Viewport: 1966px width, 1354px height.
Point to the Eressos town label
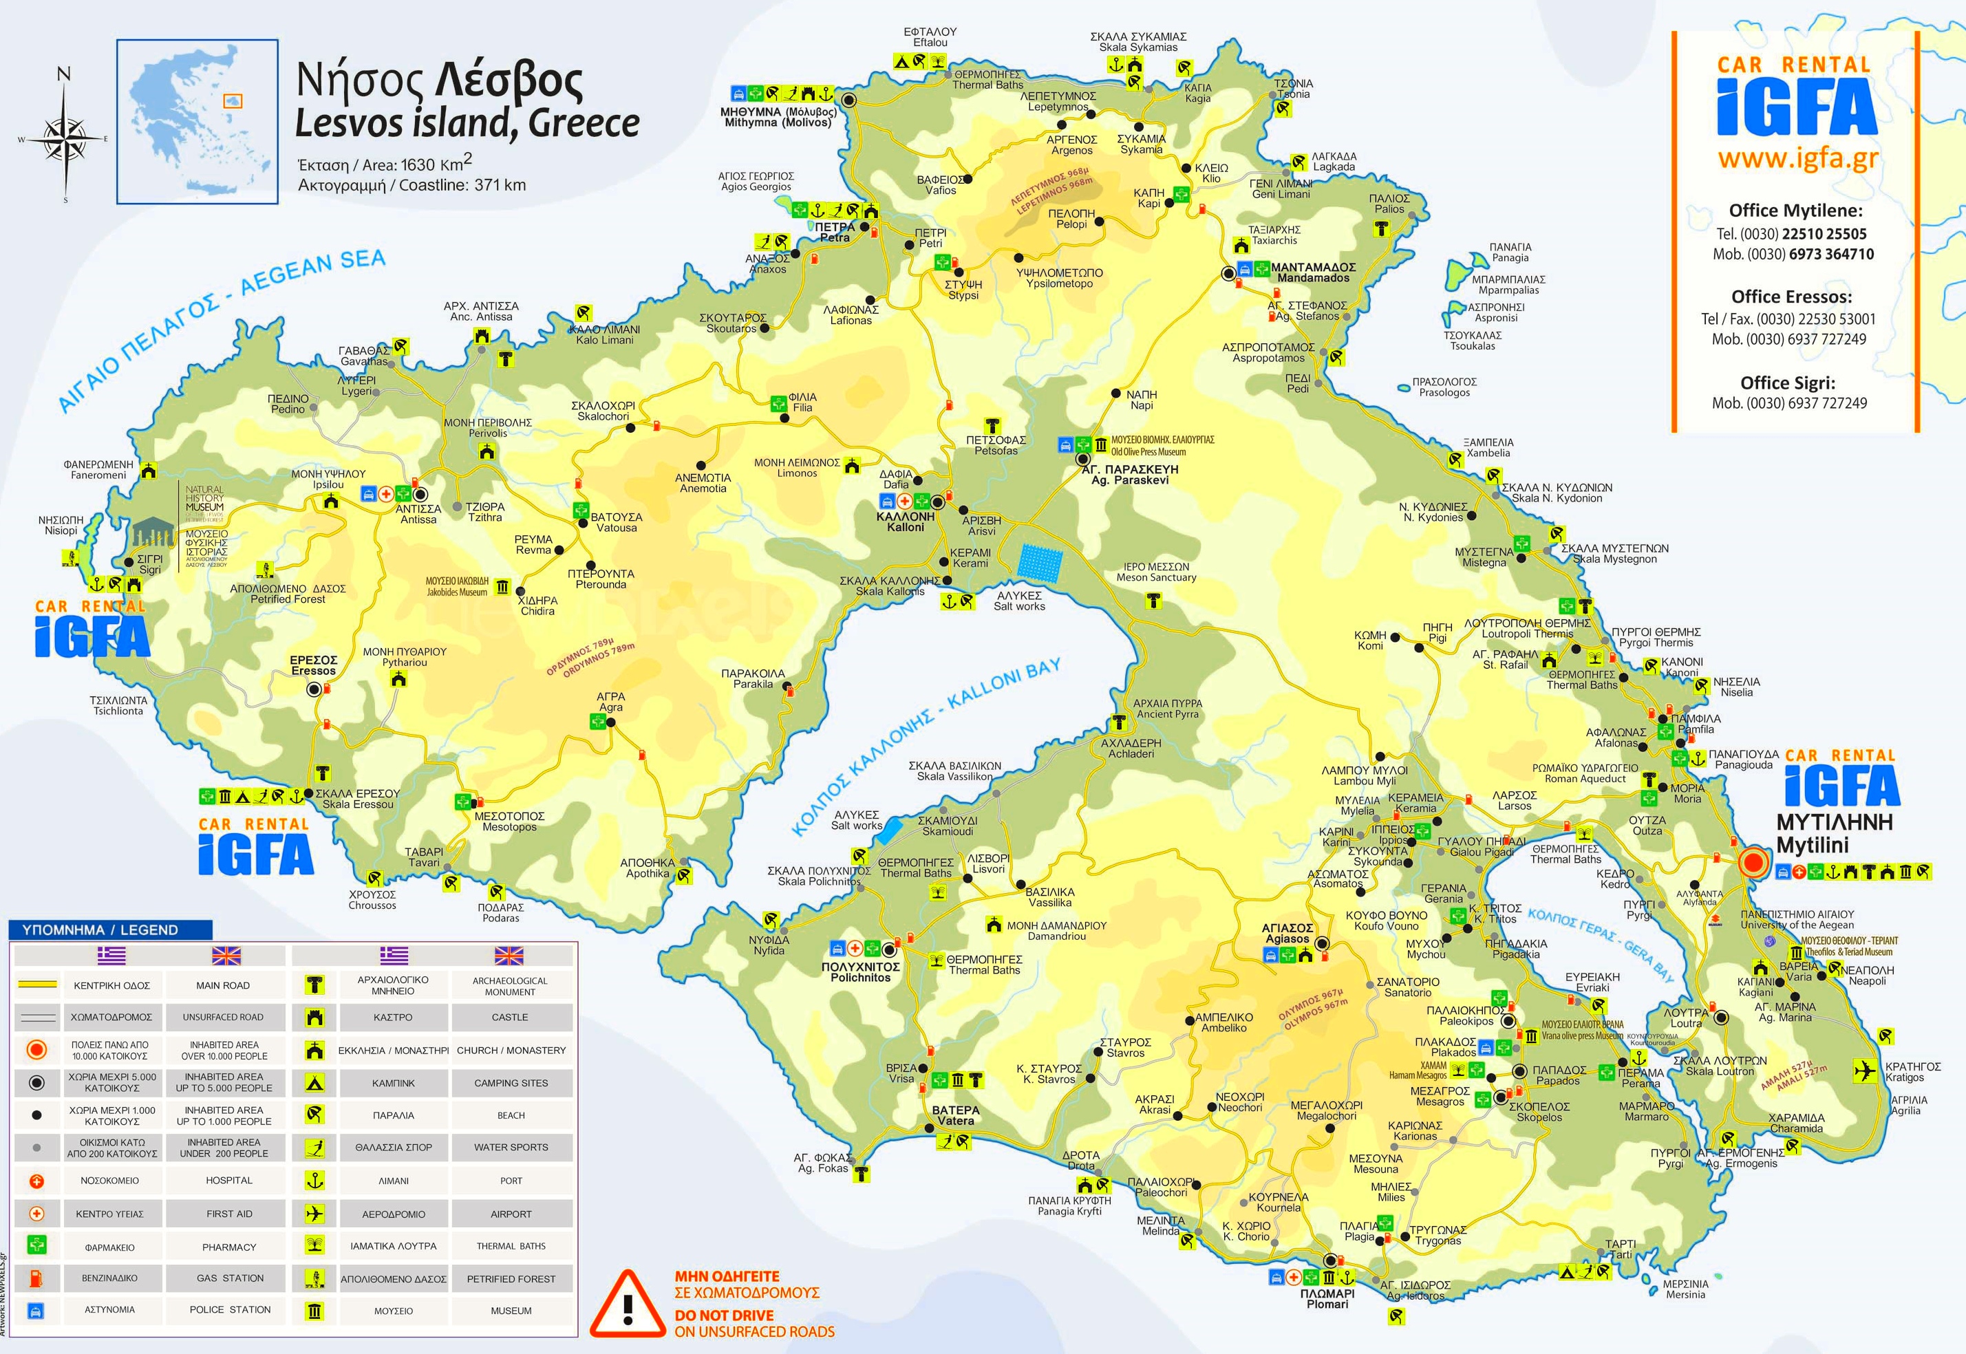tap(314, 665)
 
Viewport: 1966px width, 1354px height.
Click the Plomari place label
tap(1327, 1298)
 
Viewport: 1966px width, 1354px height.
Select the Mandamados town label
tap(1313, 272)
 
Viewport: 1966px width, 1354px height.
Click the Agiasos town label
tap(1287, 933)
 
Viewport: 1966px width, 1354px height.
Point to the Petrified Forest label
tap(288, 594)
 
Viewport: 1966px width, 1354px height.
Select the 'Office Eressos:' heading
tap(1791, 297)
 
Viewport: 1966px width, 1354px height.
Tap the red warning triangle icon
tap(627, 1304)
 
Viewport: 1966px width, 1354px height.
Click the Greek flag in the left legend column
tap(111, 956)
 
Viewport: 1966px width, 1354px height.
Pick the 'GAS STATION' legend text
tap(230, 1278)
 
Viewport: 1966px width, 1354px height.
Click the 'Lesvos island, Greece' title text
tap(467, 124)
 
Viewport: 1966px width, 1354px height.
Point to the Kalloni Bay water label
tap(925, 746)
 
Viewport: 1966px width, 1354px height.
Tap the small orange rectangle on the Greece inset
tap(232, 101)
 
